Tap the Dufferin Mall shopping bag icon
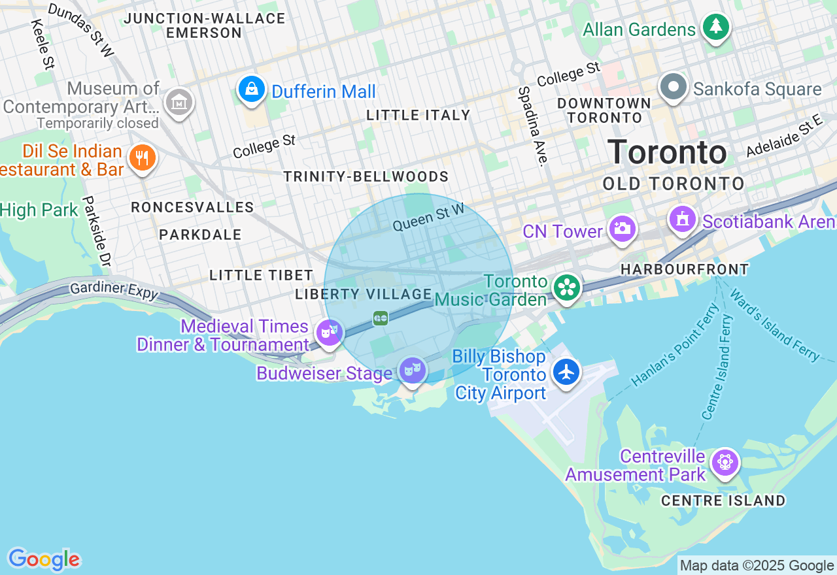click(252, 90)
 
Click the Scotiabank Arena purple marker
click(683, 219)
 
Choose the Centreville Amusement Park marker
click(725, 463)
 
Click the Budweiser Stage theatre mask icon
click(413, 370)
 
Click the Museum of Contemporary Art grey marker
click(179, 102)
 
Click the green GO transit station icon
click(381, 318)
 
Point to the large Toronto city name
click(667, 152)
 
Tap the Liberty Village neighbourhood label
click(364, 295)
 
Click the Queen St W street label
click(428, 218)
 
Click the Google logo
click(44, 559)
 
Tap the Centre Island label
click(723, 501)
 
